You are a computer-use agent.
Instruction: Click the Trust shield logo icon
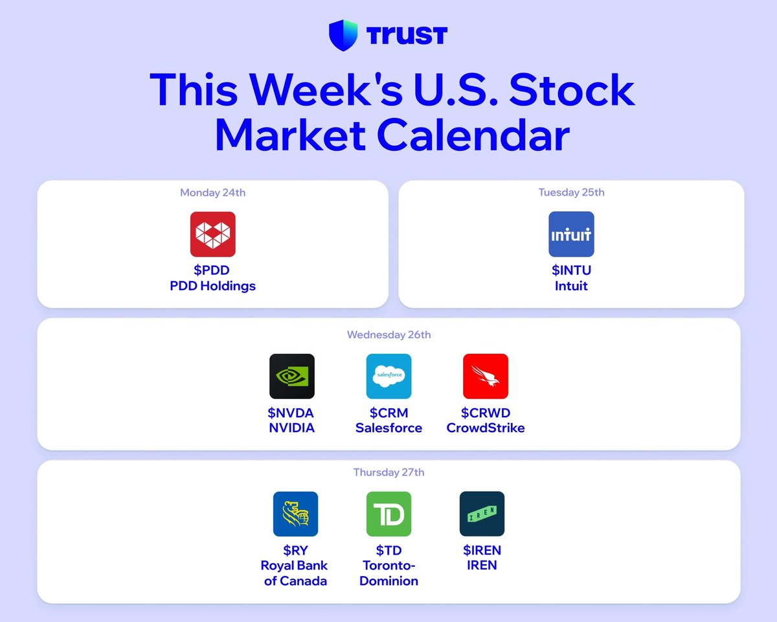coord(343,35)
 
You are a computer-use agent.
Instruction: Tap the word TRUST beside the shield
coord(407,36)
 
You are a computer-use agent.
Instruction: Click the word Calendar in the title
coord(473,135)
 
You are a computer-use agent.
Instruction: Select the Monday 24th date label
coord(212,192)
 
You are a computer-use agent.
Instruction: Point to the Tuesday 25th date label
coord(571,192)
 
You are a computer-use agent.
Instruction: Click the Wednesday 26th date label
coord(389,335)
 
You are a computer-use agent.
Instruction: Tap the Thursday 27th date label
coord(389,472)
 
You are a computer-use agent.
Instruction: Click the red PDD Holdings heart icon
coord(212,234)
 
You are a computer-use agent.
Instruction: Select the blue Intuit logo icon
coord(571,234)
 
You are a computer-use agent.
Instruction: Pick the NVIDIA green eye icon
coord(292,376)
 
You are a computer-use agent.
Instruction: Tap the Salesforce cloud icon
coord(389,376)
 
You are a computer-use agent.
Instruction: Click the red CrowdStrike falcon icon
coord(486,376)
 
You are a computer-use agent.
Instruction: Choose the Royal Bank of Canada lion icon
coord(295,514)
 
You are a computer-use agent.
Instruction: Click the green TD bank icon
coord(389,514)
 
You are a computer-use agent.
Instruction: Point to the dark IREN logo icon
coord(482,514)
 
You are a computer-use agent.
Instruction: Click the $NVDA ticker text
coord(291,413)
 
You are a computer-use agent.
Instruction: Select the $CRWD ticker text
coord(486,413)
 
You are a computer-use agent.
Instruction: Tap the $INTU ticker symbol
coord(571,270)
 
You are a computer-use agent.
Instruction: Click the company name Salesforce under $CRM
coord(389,428)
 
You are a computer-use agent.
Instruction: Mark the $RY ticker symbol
coord(295,551)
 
